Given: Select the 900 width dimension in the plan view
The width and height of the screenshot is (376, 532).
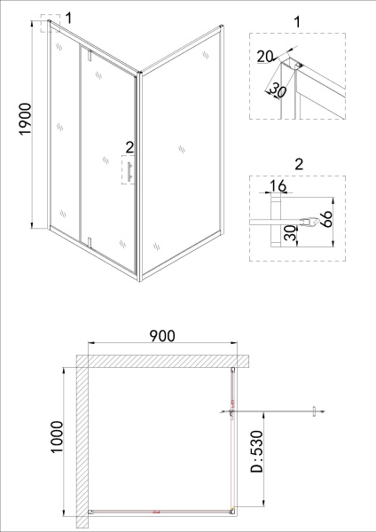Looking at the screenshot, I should point(161,335).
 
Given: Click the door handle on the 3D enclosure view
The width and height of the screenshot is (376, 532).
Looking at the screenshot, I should point(129,171).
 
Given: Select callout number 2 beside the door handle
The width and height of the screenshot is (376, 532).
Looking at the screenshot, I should point(129,147).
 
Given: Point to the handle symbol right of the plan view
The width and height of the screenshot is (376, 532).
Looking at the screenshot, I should point(313,410).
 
